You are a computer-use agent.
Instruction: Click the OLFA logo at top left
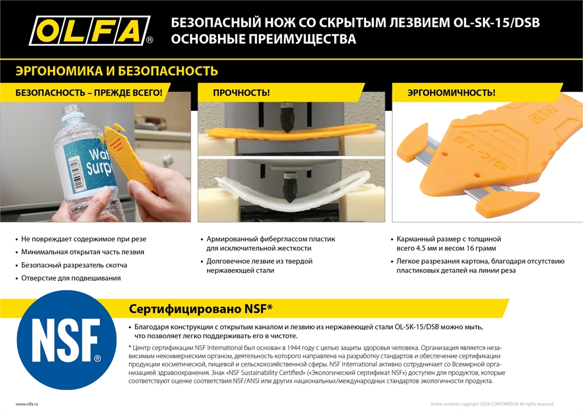pos(90,30)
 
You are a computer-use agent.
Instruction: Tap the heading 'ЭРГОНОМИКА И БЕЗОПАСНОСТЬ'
pos(117,71)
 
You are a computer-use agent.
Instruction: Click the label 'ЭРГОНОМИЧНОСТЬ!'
pos(451,92)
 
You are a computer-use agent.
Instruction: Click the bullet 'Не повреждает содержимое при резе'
pos(83,239)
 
